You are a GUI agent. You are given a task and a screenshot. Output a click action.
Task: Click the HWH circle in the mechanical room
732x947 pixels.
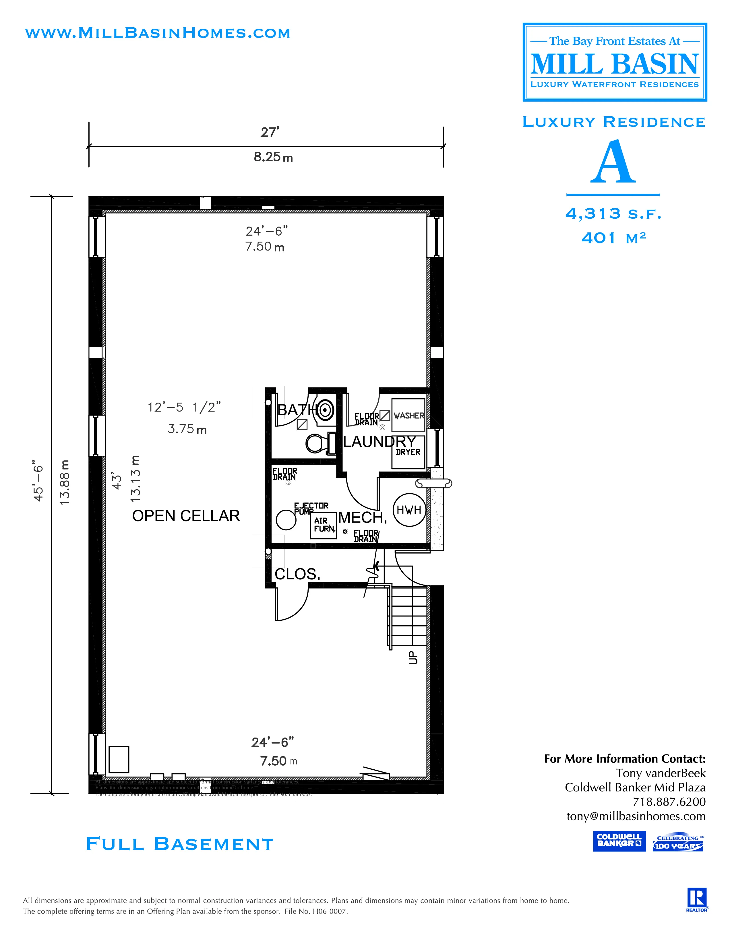409,510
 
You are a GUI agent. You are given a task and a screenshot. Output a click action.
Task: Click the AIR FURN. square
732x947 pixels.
324,525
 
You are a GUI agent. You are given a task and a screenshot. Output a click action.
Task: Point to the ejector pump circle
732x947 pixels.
286,520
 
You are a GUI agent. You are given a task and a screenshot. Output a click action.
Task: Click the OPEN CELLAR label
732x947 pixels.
186,516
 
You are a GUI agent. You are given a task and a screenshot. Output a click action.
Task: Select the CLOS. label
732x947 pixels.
297,574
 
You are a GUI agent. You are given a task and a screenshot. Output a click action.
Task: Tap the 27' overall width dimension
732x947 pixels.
270,132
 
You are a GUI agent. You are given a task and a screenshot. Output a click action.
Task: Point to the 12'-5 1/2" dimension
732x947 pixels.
184,407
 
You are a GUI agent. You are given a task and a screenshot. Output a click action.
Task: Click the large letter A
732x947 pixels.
613,163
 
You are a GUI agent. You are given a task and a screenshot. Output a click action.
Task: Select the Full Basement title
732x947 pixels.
179,844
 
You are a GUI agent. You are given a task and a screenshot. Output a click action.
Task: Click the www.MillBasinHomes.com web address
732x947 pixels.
157,33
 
